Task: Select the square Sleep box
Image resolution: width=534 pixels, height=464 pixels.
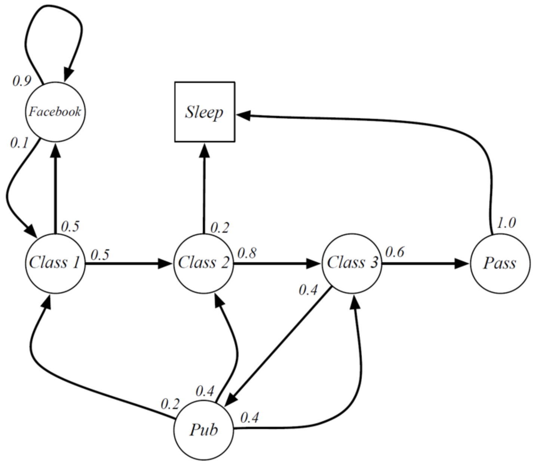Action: point(205,112)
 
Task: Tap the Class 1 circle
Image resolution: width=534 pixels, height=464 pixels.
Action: point(55,263)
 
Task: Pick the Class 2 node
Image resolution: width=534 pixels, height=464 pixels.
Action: point(203,263)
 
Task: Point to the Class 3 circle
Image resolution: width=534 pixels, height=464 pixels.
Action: point(352,263)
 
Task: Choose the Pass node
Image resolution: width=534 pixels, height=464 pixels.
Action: point(500,263)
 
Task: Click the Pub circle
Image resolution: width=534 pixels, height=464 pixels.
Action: point(203,429)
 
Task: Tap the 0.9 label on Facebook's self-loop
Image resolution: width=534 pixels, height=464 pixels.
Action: point(22,81)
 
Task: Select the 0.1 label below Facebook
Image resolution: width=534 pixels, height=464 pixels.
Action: point(19,143)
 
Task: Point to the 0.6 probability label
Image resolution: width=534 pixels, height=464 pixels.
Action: point(395,252)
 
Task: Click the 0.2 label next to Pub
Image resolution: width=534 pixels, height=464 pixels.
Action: point(170,404)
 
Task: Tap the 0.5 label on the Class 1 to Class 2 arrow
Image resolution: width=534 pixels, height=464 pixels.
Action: point(100,255)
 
